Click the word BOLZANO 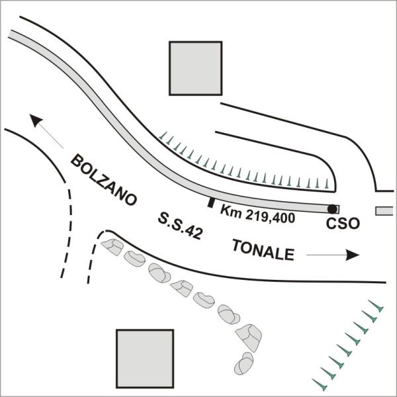pos(104,180)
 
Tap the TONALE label pos(263,250)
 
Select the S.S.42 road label pos(180,226)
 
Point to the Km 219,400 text pos(258,214)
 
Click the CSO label pos(343,224)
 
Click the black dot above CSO pos(332,209)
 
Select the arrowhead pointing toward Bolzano pos(36,120)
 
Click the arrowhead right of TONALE pos(353,255)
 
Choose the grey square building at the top pos(196,68)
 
